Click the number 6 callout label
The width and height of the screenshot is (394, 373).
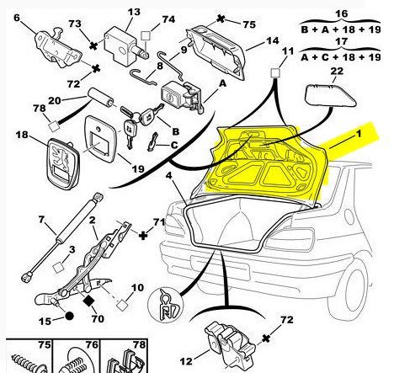pyautogui.click(x=17, y=18)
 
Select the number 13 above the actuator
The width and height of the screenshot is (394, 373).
pyautogui.click(x=134, y=12)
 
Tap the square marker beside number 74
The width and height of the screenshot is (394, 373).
pyautogui.click(x=146, y=36)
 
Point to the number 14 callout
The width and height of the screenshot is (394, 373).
pyautogui.click(x=272, y=41)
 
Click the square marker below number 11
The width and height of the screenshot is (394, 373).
pyautogui.click(x=275, y=73)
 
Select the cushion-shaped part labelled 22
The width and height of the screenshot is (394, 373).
pyautogui.click(x=330, y=96)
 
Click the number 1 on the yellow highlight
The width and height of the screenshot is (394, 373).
pyautogui.click(x=359, y=134)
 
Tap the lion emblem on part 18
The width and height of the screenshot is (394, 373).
pyautogui.click(x=61, y=157)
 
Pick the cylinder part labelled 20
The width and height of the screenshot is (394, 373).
pyautogui.click(x=101, y=98)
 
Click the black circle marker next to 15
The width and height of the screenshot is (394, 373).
pyautogui.click(x=69, y=316)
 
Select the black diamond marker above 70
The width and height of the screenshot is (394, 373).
pyautogui.click(x=89, y=301)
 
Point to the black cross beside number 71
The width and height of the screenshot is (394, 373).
pyautogui.click(x=143, y=235)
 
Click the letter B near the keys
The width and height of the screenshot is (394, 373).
pyautogui.click(x=175, y=131)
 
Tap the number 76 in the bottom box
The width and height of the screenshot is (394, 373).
pyautogui.click(x=92, y=344)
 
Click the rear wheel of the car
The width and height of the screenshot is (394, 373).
pyautogui.click(x=357, y=291)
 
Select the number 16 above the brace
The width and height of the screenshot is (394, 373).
pyautogui.click(x=341, y=13)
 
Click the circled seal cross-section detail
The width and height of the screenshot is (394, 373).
pyautogui.click(x=165, y=305)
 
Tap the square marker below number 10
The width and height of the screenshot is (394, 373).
pyautogui.click(x=122, y=305)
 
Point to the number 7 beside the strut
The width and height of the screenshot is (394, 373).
pyautogui.click(x=41, y=219)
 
